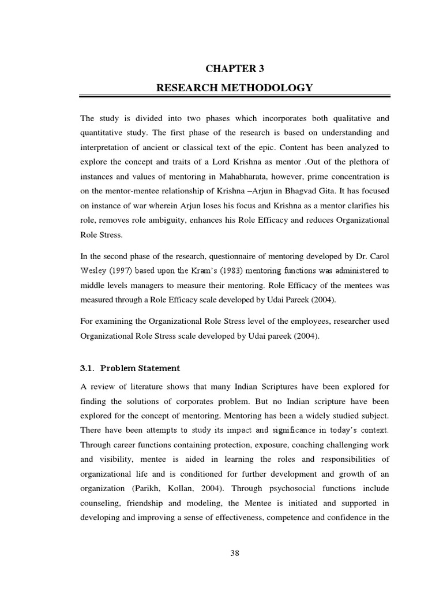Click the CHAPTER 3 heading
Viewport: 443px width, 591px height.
point(234,69)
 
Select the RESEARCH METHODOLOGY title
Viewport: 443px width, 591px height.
point(235,88)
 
